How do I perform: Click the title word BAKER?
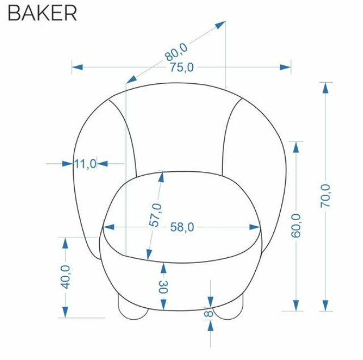(x=43, y=12)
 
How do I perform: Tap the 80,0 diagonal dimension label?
(x=176, y=52)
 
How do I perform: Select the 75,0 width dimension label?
(x=181, y=67)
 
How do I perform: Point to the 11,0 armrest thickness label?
(x=85, y=164)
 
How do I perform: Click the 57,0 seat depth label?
(x=155, y=215)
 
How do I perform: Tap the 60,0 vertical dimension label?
(x=296, y=226)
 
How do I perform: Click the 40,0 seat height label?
(x=66, y=277)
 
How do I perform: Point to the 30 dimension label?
(x=163, y=287)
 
